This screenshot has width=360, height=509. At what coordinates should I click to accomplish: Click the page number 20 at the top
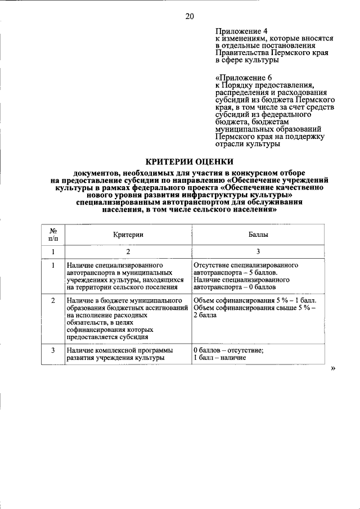(x=190, y=16)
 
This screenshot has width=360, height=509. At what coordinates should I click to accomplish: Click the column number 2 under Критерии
(x=128, y=252)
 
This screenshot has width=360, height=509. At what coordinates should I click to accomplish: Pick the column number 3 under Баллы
(x=258, y=252)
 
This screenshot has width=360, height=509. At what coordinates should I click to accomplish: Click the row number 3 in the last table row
(x=52, y=350)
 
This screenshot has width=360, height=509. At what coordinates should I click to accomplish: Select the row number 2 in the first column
(x=52, y=301)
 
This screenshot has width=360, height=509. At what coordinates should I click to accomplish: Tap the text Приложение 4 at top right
(x=239, y=30)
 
